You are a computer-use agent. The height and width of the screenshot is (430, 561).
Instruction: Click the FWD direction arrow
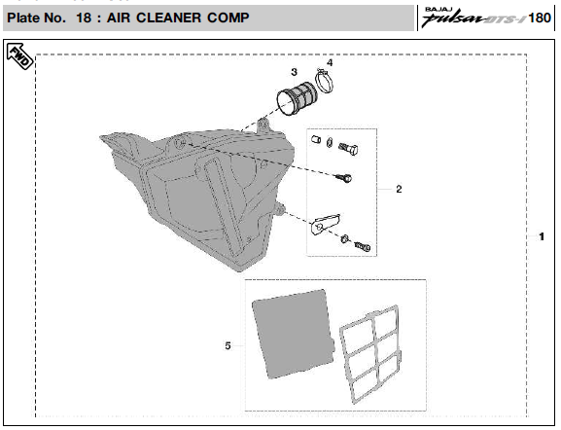click(x=20, y=56)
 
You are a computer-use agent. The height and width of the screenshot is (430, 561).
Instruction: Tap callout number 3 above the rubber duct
click(x=294, y=72)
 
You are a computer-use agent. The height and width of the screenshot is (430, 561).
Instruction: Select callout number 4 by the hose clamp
click(x=330, y=62)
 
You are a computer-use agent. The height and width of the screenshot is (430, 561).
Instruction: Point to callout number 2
click(x=399, y=189)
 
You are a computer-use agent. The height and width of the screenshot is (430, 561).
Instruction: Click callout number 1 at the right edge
click(x=542, y=236)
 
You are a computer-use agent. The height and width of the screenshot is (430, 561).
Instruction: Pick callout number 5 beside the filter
click(x=228, y=346)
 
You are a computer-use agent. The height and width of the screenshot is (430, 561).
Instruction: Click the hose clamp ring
click(x=325, y=80)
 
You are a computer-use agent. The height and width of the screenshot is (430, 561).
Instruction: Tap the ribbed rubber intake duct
click(x=297, y=98)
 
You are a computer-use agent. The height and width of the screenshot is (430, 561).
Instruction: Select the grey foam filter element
click(x=294, y=334)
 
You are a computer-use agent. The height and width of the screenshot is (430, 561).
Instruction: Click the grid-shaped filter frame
click(x=369, y=354)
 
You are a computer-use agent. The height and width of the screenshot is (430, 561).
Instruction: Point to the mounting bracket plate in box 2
click(x=325, y=224)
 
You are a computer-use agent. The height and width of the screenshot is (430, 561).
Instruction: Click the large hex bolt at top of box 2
click(x=348, y=148)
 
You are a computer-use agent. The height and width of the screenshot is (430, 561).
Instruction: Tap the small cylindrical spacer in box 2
click(x=315, y=139)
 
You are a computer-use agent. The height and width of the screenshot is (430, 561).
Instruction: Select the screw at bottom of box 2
click(x=362, y=246)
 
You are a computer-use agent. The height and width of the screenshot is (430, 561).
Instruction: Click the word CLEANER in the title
click(x=169, y=18)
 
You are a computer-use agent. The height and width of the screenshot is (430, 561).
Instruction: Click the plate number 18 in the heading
click(x=84, y=18)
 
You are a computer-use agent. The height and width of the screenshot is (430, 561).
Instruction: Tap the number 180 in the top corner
click(x=540, y=18)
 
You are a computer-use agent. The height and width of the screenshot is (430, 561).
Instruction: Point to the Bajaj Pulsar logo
click(x=473, y=17)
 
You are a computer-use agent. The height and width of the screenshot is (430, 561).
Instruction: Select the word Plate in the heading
click(x=23, y=18)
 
